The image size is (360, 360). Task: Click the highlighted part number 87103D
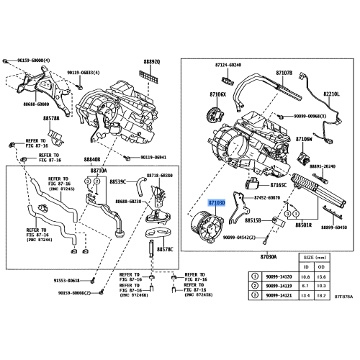click(x=217, y=204)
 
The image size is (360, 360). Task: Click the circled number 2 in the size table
click(x=255, y=285)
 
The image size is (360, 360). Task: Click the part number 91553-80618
click(x=55, y=279)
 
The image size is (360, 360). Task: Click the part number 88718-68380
click(x=157, y=176)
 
